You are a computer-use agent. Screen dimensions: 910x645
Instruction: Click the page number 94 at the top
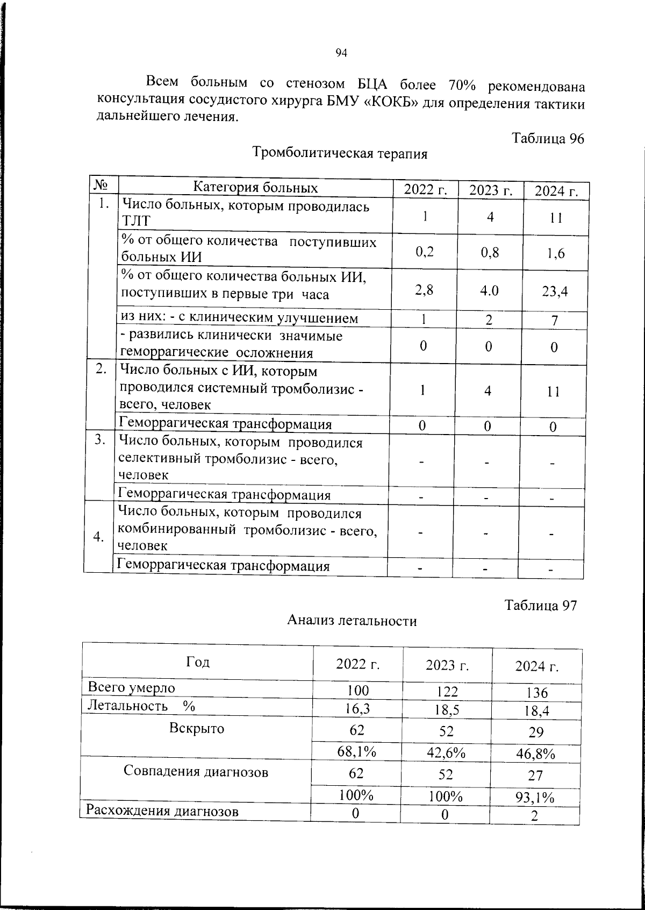pyautogui.click(x=341, y=52)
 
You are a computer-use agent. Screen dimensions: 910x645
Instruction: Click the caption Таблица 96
pyautogui.click(x=548, y=138)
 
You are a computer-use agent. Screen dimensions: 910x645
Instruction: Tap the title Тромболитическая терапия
pyautogui.click(x=340, y=154)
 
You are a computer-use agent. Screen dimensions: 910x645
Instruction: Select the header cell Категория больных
pyautogui.click(x=255, y=188)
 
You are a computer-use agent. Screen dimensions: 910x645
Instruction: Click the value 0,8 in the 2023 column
pyautogui.click(x=490, y=252)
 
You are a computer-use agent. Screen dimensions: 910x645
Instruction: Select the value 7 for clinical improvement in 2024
pyautogui.click(x=555, y=321)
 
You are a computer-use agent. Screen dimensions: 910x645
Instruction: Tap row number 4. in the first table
pyautogui.click(x=98, y=537)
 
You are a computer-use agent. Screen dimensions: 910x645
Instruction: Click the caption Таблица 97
pyautogui.click(x=540, y=605)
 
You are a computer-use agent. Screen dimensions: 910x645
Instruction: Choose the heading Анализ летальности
pyautogui.click(x=352, y=621)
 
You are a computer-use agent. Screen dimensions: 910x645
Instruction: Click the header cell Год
pyautogui.click(x=198, y=662)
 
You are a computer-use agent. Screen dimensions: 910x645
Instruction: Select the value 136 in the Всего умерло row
pyautogui.click(x=537, y=693)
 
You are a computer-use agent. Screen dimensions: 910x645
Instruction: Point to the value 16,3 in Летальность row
pyautogui.click(x=357, y=709)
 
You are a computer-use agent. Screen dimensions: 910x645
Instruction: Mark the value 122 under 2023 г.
pyautogui.click(x=447, y=691)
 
